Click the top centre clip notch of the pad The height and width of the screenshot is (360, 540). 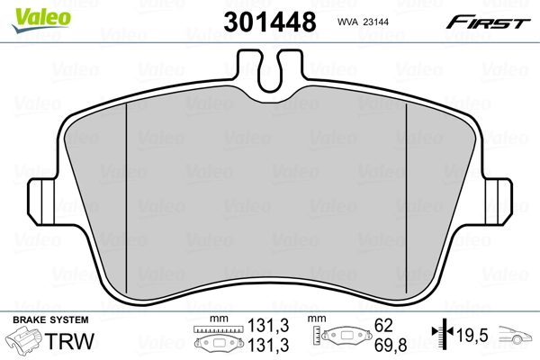click(x=269, y=72)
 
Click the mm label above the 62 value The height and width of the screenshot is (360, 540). click(x=317, y=319)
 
